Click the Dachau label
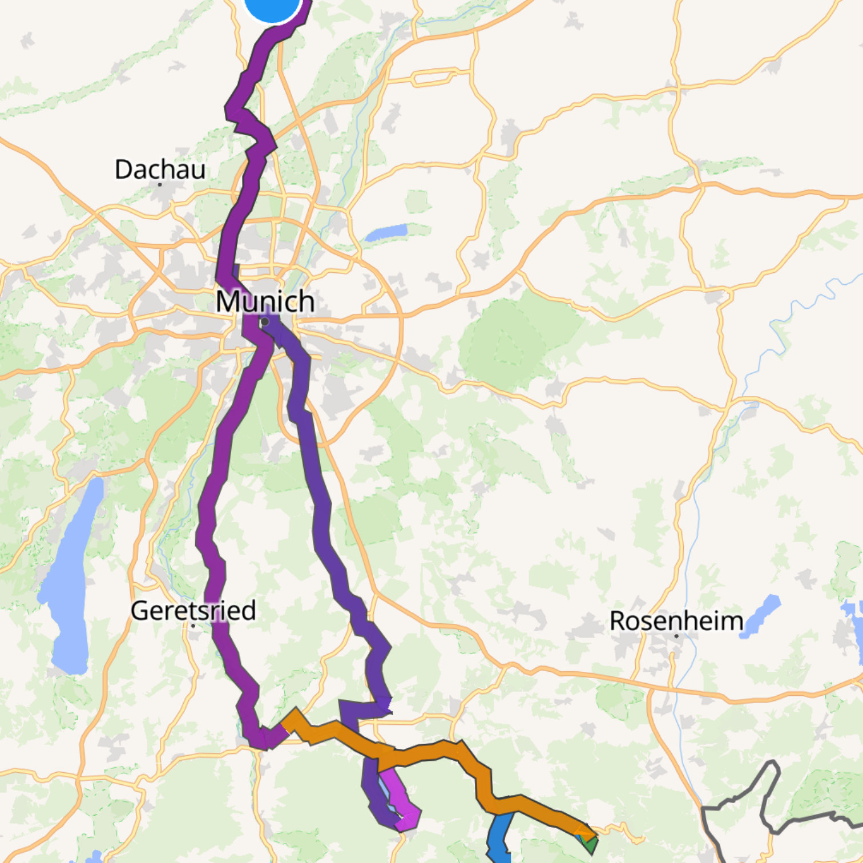pyautogui.click(x=160, y=170)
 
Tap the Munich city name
pyautogui.click(x=265, y=301)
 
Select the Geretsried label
pyautogui.click(x=193, y=611)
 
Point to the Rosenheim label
pyautogui.click(x=676, y=621)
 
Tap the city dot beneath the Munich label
pyautogui.click(x=265, y=322)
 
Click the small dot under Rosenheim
pyautogui.click(x=676, y=635)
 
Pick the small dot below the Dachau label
pyautogui.click(x=160, y=184)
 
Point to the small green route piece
pyautogui.click(x=591, y=842)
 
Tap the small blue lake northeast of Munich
pyautogui.click(x=386, y=232)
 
